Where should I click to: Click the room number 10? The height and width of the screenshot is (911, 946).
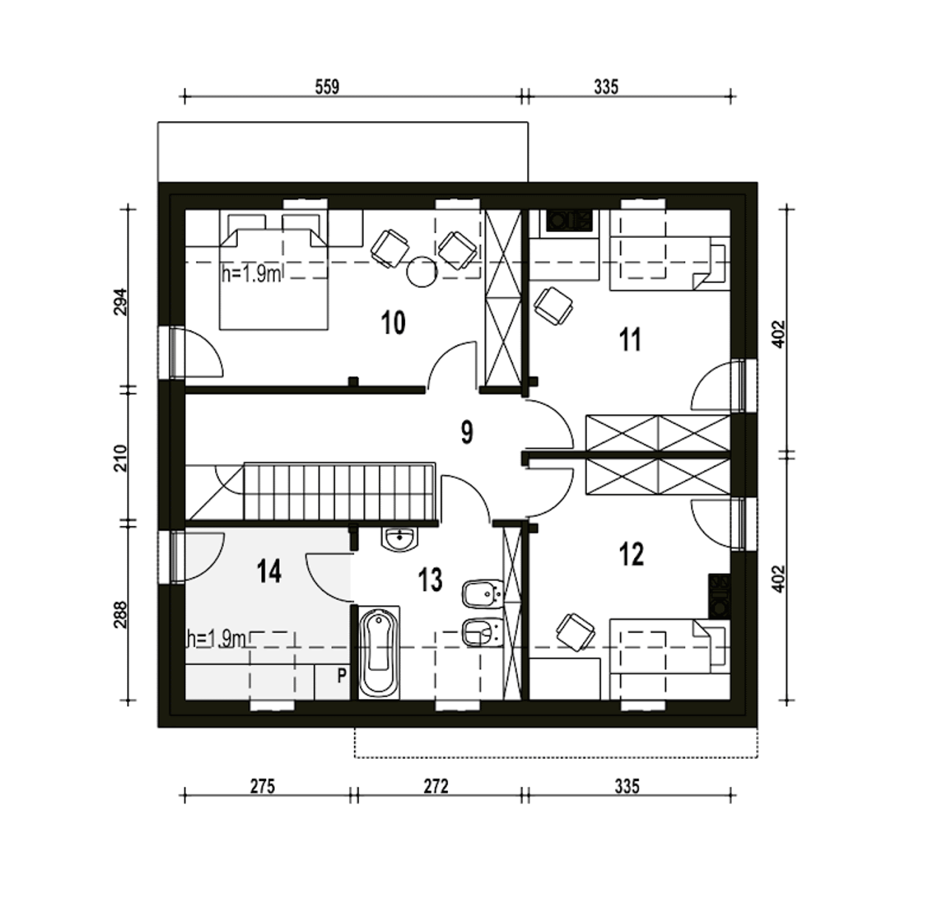coord(393,323)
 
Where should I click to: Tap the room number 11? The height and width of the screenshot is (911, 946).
coord(630,339)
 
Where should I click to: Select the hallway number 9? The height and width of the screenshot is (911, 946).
coord(466,432)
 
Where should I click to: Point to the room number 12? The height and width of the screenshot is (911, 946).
coord(631,554)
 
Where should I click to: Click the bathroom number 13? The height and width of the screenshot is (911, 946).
coord(430,580)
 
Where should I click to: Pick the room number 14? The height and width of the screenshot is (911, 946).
coord(269,571)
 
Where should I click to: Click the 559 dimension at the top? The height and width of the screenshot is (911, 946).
coord(327,87)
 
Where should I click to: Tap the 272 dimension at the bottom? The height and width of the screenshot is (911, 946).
coord(436,785)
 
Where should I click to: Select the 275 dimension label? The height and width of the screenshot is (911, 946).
coord(262,785)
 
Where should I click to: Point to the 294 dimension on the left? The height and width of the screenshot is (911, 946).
coord(120,302)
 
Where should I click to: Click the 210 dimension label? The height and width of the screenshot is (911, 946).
coord(120,457)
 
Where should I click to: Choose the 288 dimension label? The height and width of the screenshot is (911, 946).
coord(120,615)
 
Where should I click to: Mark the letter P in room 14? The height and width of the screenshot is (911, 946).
coord(341,675)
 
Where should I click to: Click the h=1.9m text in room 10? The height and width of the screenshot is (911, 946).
coord(251,275)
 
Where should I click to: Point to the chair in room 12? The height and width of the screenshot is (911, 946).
coord(576,632)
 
